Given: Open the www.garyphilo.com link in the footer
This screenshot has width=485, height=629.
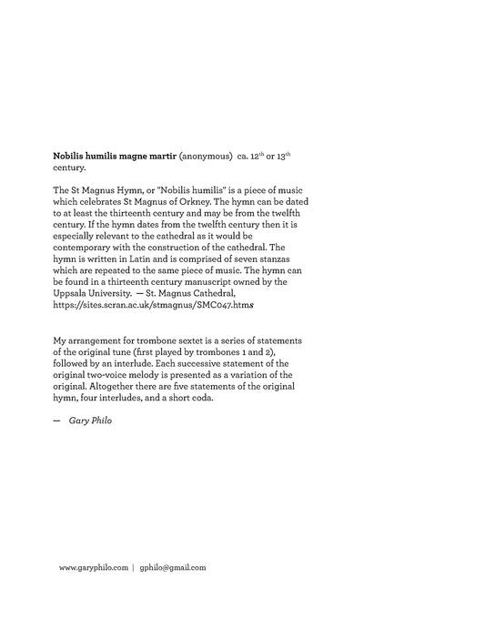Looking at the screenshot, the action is coord(93,567).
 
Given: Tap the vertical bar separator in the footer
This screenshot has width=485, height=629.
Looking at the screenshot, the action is coord(133,567).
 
